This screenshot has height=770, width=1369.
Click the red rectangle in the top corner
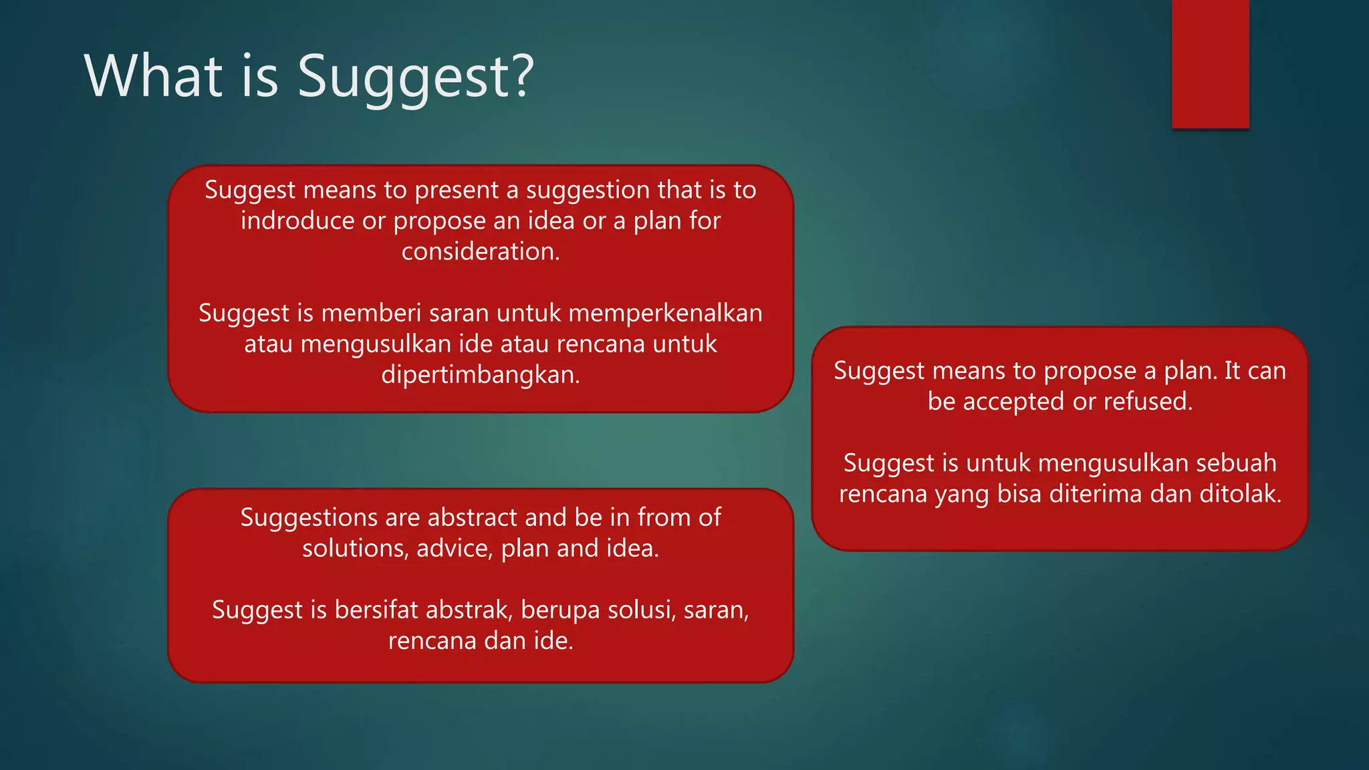pyautogui.click(x=1210, y=63)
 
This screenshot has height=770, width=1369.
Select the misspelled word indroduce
pyautogui.click(x=297, y=221)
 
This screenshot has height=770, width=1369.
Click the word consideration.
pyautogui.click(x=480, y=251)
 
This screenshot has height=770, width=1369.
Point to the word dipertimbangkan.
pyautogui.click(x=480, y=374)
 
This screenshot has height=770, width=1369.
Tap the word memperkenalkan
pyautogui.click(x=665, y=313)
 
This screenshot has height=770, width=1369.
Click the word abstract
pyautogui.click(x=473, y=517)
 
